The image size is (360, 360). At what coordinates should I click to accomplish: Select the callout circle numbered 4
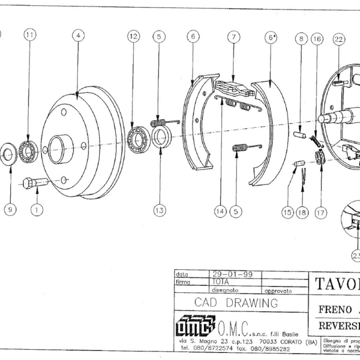coord(78,35)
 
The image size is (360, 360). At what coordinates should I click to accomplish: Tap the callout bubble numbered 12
coord(133,36)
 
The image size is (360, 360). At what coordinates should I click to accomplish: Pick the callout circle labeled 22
coord(338,40)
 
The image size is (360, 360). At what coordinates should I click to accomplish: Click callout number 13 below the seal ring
coord(158,211)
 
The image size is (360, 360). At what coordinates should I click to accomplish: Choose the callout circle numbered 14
coord(220,211)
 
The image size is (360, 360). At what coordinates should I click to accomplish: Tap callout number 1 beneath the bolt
coord(37,210)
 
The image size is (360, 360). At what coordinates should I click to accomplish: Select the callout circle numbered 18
coord(302,211)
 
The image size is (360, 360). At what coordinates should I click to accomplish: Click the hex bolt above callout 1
coord(34,182)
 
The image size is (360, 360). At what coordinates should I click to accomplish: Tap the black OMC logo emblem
coord(194,327)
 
